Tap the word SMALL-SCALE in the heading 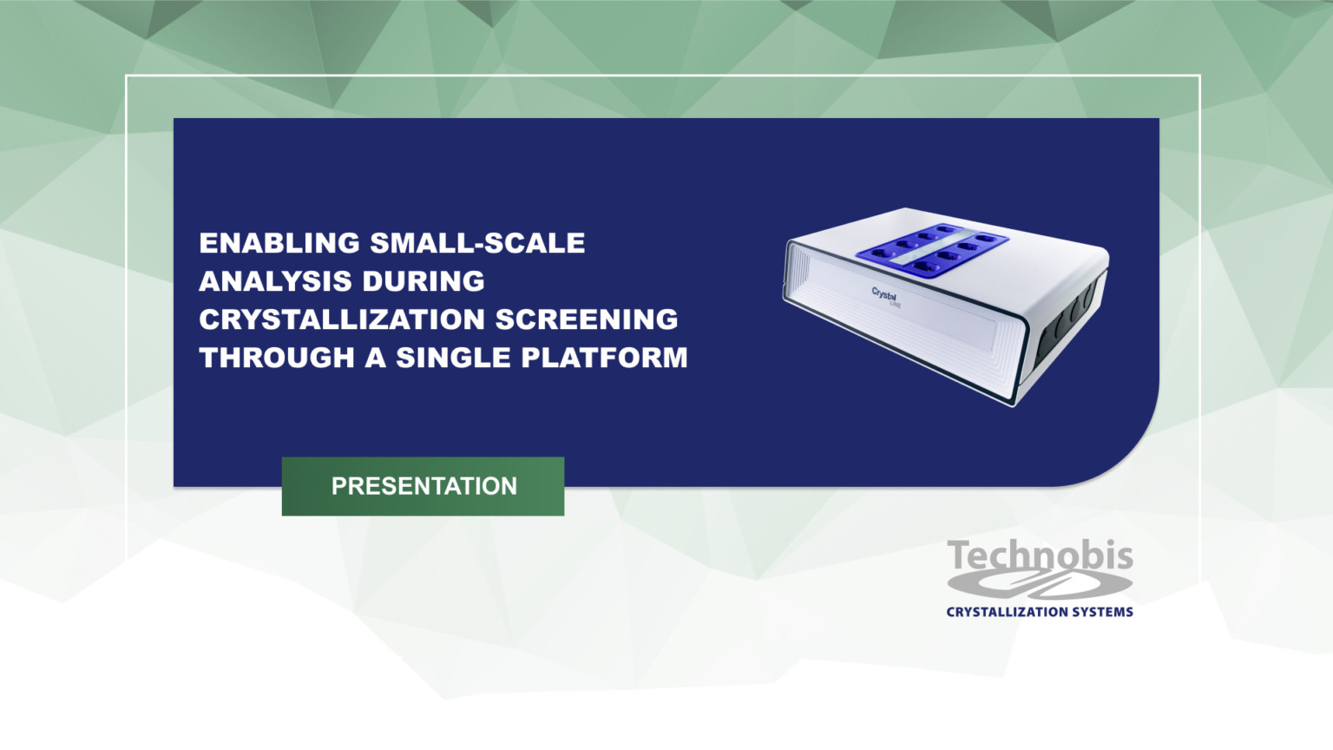[x=477, y=243]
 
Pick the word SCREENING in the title [x=587, y=319]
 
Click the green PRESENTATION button [x=423, y=486]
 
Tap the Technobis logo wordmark [x=1040, y=556]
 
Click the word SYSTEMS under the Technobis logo [x=1101, y=612]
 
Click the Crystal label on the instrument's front [x=884, y=295]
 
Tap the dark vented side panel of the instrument [x=1069, y=321]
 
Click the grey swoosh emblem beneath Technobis [x=1041, y=586]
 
